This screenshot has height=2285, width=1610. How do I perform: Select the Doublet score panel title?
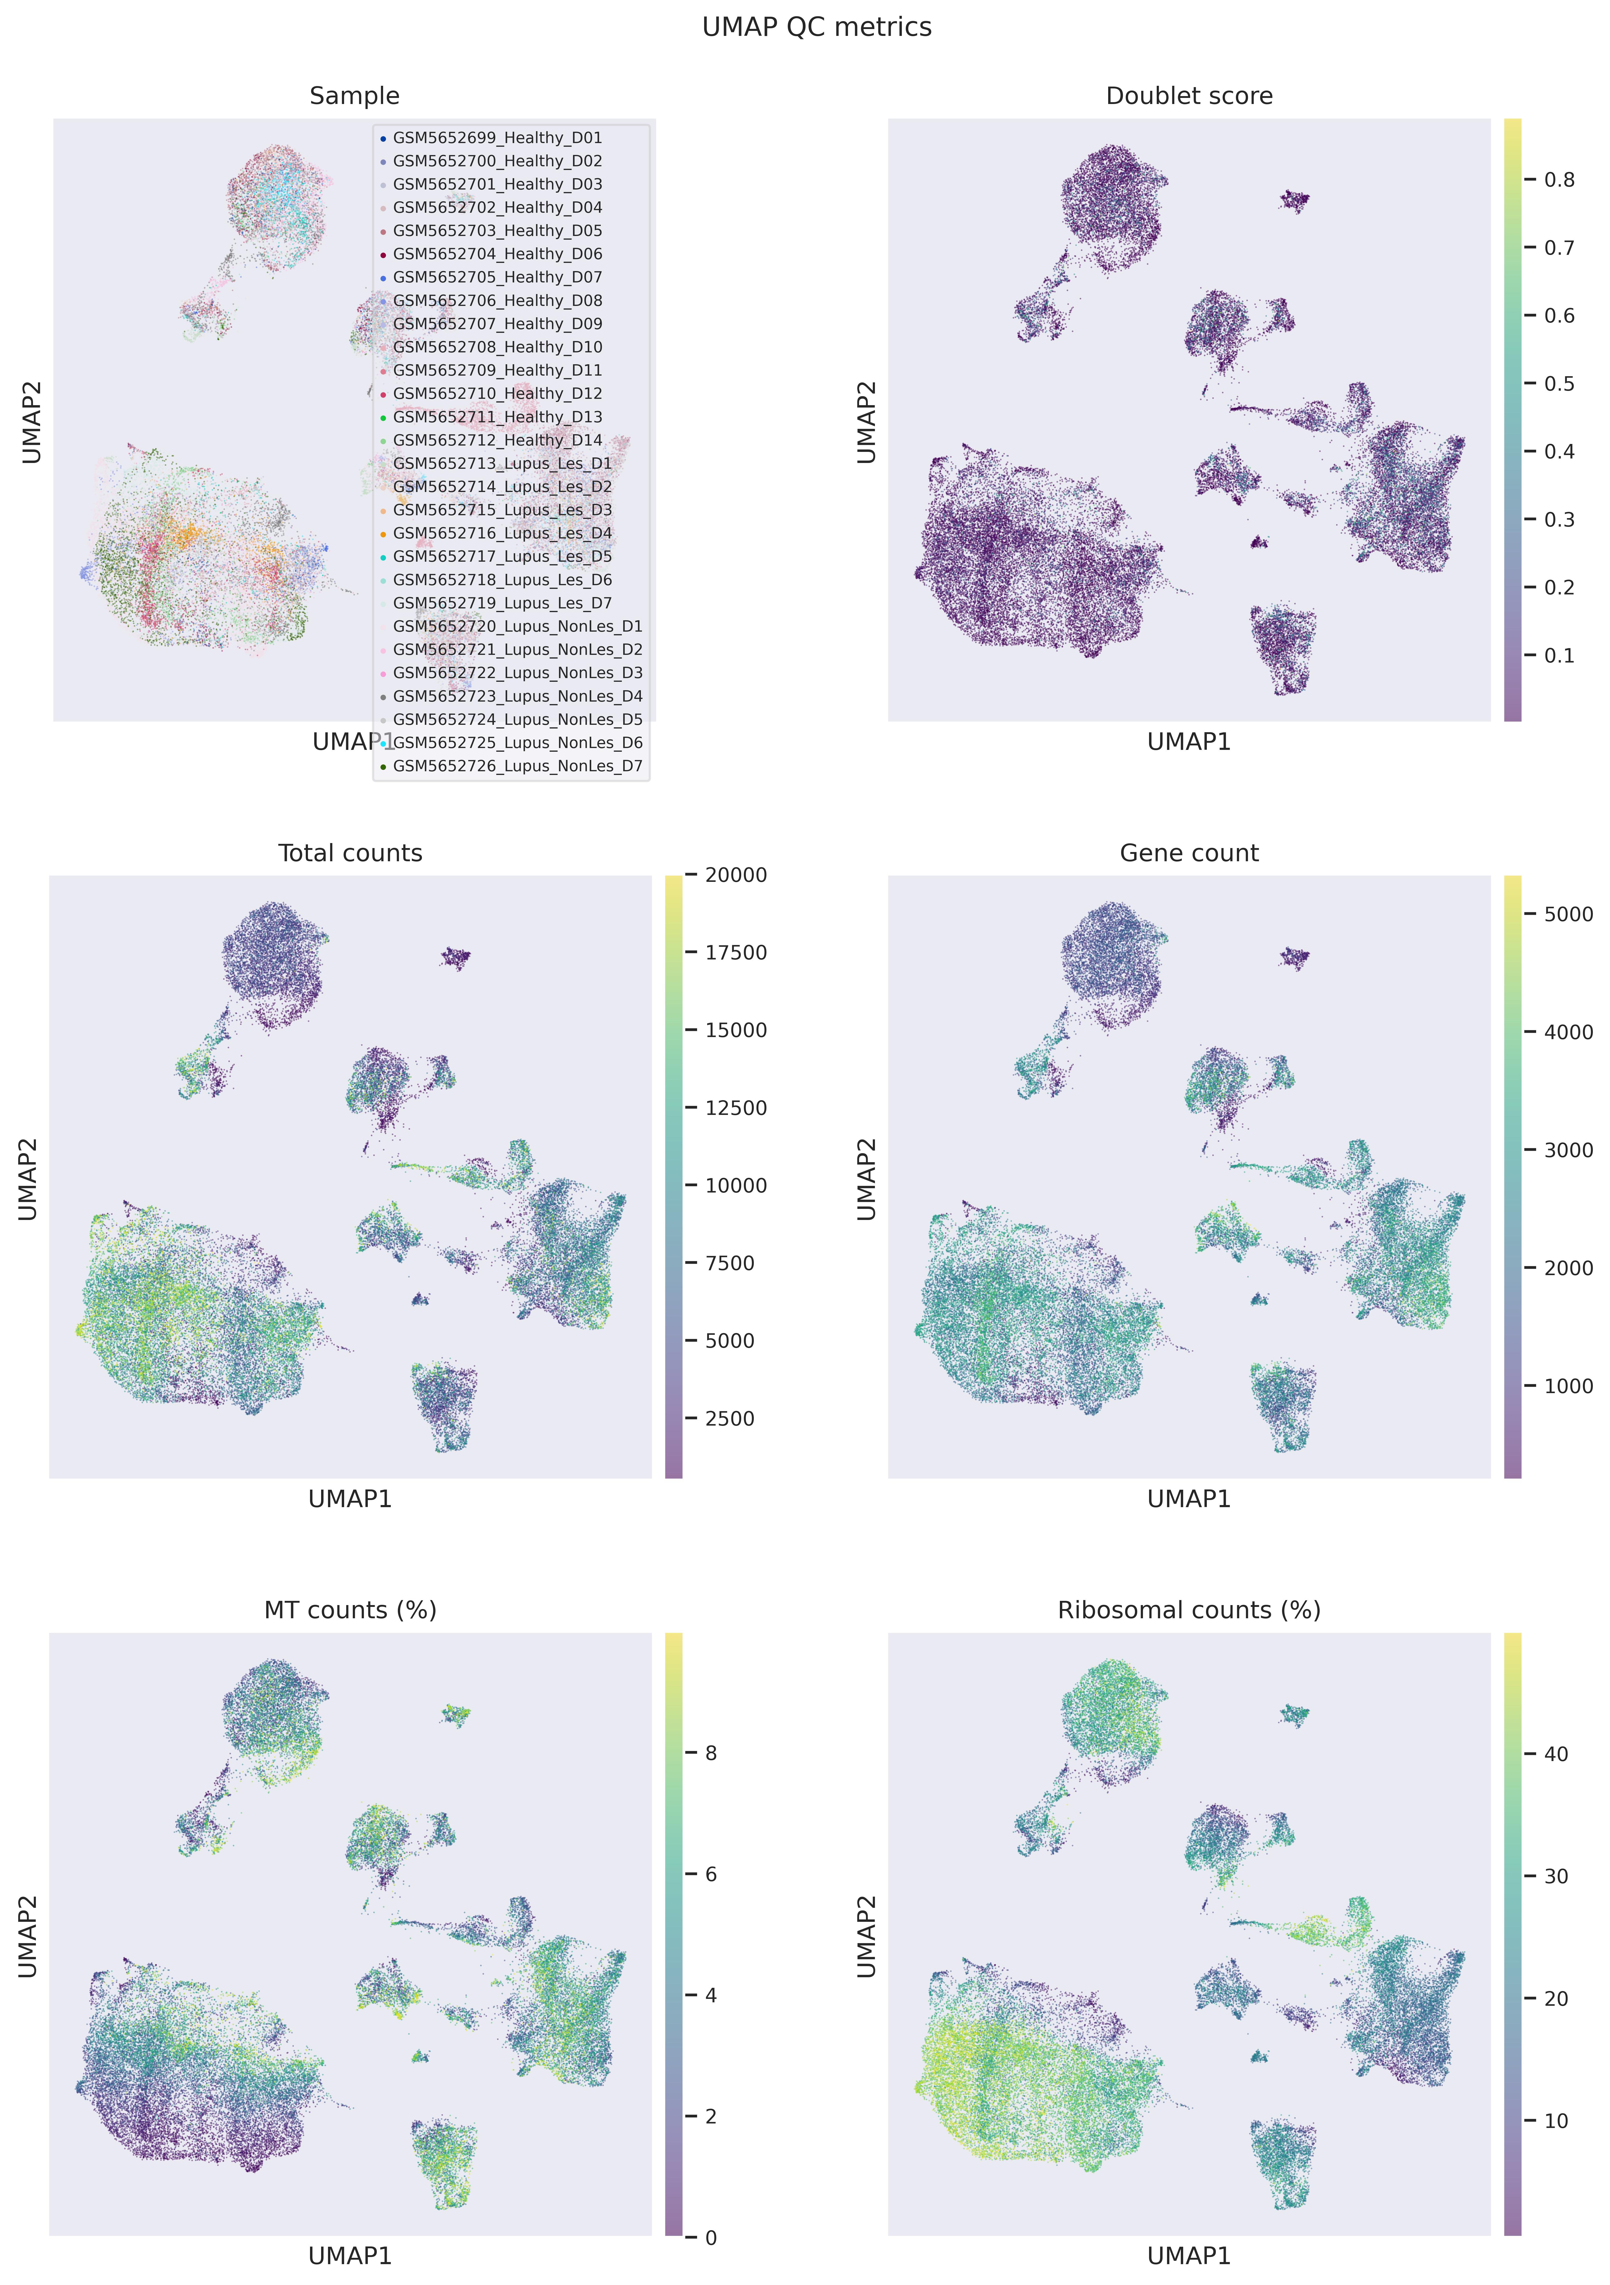tap(1189, 96)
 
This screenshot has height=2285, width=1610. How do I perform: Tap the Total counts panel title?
tap(350, 853)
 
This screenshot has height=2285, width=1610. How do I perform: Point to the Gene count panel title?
tap(1189, 853)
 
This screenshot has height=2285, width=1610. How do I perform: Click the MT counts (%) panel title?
tap(350, 1610)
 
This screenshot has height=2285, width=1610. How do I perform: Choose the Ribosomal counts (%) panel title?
tap(1189, 1610)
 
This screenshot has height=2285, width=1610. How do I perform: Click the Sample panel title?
tap(354, 96)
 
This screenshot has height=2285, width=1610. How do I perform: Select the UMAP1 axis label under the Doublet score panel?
tap(1189, 741)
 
